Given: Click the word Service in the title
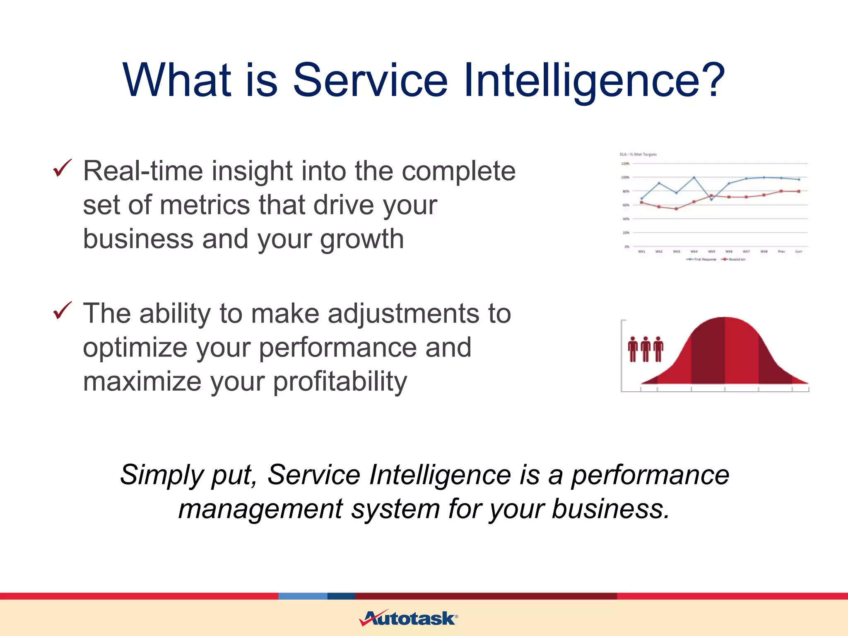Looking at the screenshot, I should [370, 80].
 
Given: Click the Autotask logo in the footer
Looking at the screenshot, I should [408, 618].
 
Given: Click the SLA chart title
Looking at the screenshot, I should [638, 154].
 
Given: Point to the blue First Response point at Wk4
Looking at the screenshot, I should [694, 178].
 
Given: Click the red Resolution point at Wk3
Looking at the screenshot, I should [676, 209].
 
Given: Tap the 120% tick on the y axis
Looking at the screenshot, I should [625, 164].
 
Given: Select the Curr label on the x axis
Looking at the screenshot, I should [798, 251].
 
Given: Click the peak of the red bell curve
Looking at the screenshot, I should [725, 318].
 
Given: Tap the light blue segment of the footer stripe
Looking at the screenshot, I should [303, 596].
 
